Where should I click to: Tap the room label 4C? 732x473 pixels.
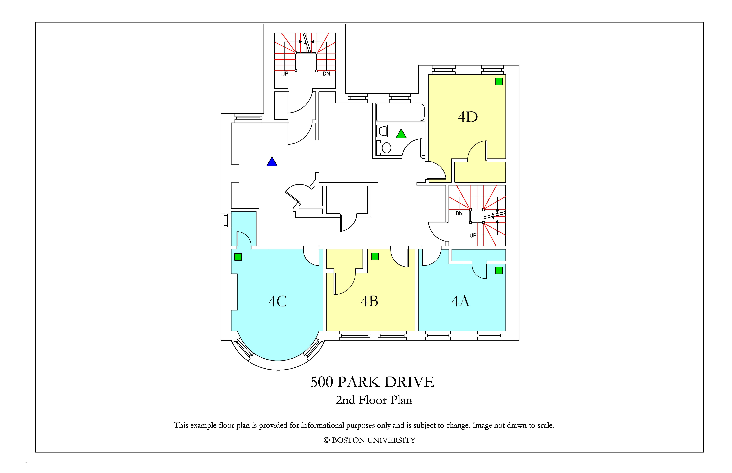278,301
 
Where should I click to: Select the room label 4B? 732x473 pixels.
369,301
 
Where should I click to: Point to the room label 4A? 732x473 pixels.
460,301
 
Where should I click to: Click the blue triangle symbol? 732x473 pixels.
272,162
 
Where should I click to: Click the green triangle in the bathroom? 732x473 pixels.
401,134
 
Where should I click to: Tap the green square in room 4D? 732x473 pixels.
499,81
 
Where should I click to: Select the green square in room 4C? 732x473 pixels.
238,257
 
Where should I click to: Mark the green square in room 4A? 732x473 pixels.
499,270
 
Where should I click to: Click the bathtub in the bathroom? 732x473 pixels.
400,112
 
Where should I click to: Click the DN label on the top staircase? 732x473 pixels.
326,74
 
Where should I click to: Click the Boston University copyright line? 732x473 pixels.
369,440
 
